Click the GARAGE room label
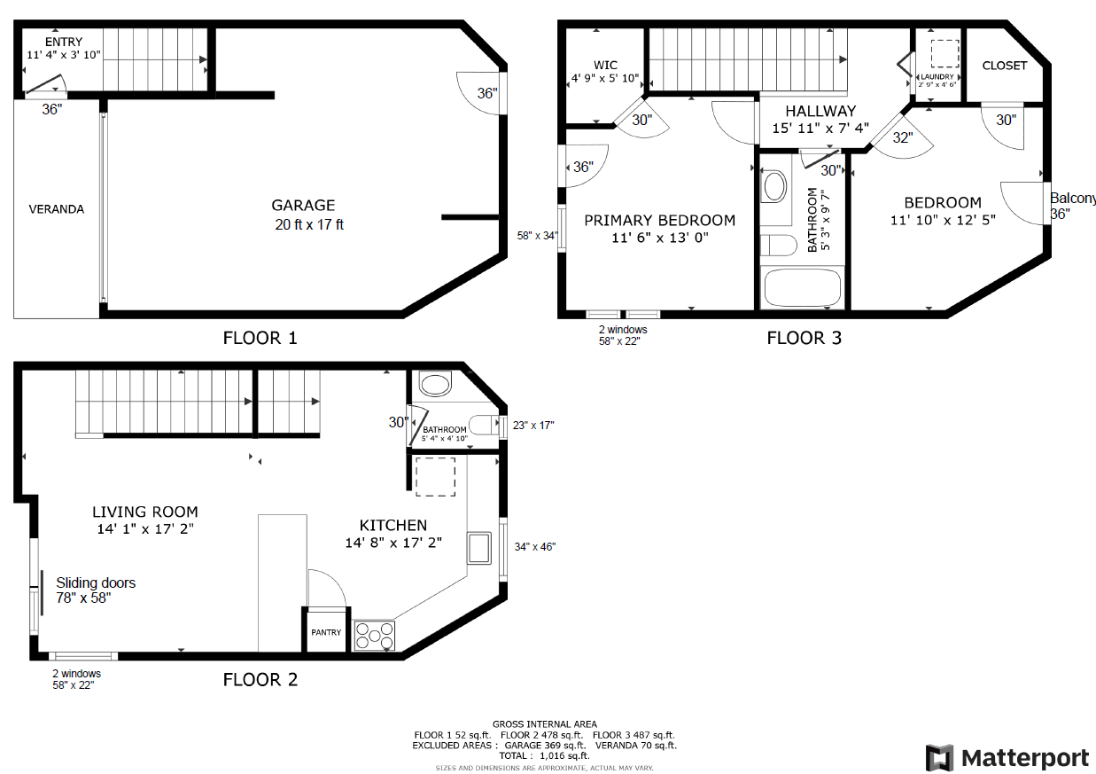click(x=303, y=206)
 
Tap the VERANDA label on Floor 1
click(x=57, y=209)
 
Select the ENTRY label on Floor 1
click(x=63, y=42)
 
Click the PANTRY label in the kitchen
click(x=326, y=632)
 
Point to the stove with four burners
click(x=375, y=636)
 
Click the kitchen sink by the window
click(x=480, y=548)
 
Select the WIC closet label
click(x=605, y=66)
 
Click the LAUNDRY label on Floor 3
click(x=937, y=77)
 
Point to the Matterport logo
click(x=1007, y=758)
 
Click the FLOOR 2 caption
click(x=260, y=680)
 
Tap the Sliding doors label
click(x=96, y=582)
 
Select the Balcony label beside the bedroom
click(x=1072, y=199)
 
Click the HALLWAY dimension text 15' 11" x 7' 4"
click(x=820, y=129)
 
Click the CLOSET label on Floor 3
click(x=1005, y=66)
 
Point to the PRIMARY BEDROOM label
click(x=659, y=220)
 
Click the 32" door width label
click(x=902, y=137)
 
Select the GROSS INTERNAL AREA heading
click(x=544, y=724)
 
